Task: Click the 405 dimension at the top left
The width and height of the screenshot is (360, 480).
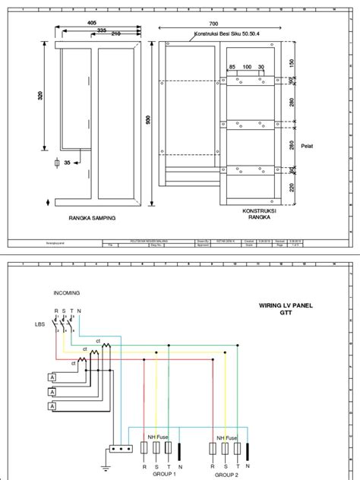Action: click(92, 24)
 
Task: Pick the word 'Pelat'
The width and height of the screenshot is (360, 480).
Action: click(307, 145)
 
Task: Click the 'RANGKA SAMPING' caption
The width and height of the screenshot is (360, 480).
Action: click(91, 218)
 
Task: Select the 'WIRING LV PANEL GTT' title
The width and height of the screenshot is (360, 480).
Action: click(286, 309)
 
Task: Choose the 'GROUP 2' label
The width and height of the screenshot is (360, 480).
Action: click(225, 473)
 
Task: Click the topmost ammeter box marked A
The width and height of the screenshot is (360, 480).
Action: click(52, 377)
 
